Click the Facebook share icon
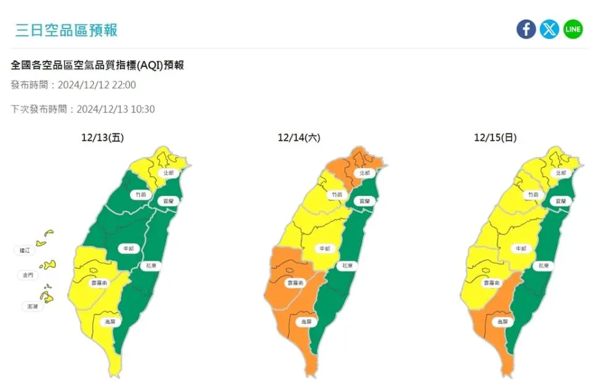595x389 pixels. point(526,29)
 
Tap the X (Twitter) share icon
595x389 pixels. point(549,29)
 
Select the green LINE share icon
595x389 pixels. point(573,29)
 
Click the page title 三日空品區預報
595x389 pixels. point(66,30)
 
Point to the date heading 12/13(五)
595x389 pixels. point(102,138)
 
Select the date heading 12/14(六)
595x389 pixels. point(299,138)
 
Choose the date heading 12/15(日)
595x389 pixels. point(495,138)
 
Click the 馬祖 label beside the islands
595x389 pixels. point(25,251)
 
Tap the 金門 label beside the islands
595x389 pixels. point(28,274)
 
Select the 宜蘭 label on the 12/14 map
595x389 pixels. point(364,201)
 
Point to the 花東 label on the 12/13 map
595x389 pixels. point(151,266)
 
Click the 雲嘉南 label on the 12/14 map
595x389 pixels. point(295,282)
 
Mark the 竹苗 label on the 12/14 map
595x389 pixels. point(337,194)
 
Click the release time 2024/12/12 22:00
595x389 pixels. point(105,85)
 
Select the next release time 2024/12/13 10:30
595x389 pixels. point(115,109)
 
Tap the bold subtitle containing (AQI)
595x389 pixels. point(97,65)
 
